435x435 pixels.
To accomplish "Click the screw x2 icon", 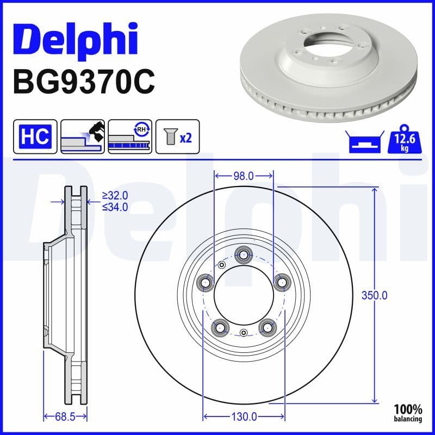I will click(178, 137).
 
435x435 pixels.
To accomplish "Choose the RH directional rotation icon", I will click(130, 136).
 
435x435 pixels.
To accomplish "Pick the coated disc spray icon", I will click(82, 136).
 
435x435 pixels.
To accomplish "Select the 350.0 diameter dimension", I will click(375, 295).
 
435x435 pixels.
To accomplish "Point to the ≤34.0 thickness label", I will click(115, 207).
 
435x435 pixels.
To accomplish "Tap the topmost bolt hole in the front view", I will click(243, 254).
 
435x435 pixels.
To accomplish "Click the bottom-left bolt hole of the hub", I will click(219, 326).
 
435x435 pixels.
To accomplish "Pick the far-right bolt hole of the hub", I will click(281, 281).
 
